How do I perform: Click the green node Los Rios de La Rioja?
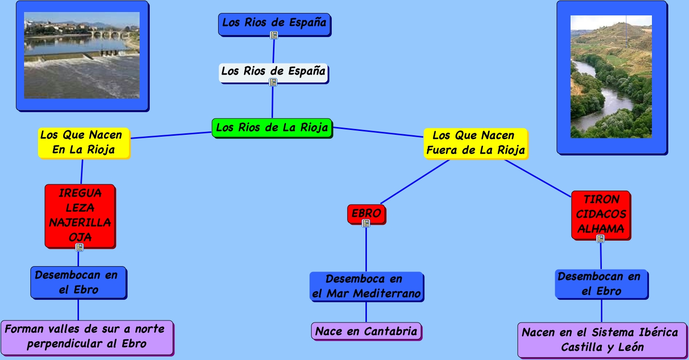272,128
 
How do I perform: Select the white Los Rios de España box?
273,72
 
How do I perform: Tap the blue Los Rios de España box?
274,22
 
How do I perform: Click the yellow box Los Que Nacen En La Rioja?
84,142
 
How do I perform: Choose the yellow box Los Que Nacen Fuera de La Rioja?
475,143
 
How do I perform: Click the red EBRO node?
366,213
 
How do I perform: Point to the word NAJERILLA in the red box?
80,223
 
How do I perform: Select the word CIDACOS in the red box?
601,214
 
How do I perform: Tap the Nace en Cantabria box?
366,332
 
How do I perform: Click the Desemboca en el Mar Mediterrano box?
366,286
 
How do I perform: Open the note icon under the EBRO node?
366,223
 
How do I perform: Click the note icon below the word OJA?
79,247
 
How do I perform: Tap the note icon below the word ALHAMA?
600,239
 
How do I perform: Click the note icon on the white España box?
273,82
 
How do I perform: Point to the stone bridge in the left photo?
108,35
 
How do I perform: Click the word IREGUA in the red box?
80,193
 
